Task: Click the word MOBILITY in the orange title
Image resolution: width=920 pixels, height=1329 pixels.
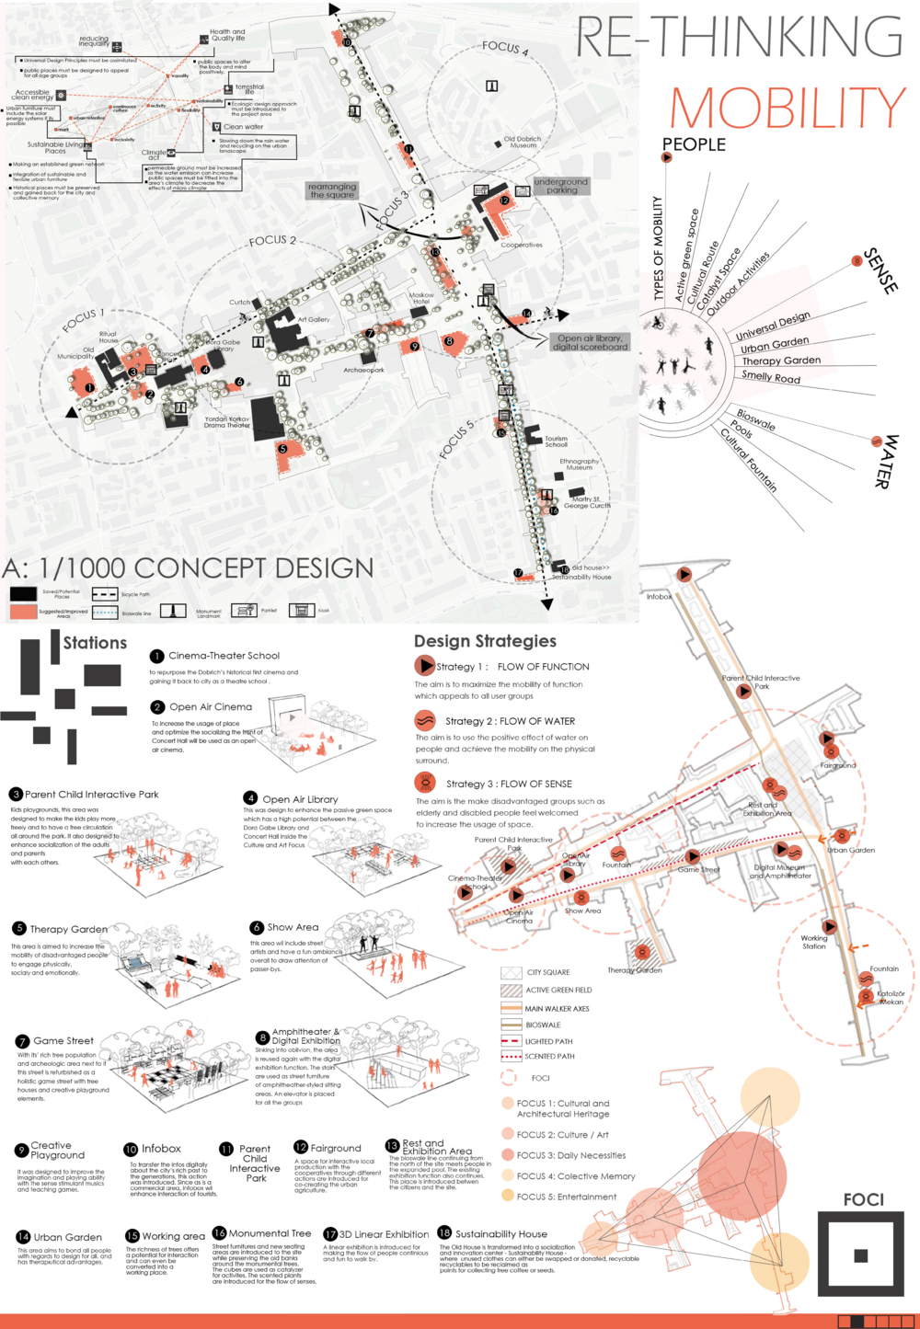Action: click(788, 109)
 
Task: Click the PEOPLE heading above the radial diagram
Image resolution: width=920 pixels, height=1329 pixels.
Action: click(694, 144)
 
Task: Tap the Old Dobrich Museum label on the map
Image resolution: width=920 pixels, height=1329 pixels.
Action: click(523, 142)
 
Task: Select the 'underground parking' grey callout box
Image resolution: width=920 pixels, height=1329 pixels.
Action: click(560, 186)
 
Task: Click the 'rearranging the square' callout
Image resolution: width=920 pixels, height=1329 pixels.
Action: click(332, 190)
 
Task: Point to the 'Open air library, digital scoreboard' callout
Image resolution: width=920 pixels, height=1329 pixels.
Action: click(590, 342)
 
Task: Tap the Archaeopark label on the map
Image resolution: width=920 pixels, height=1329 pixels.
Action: click(363, 370)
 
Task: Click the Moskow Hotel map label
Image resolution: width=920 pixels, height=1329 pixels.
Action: click(421, 299)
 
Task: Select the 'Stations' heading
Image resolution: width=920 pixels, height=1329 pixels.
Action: click(95, 643)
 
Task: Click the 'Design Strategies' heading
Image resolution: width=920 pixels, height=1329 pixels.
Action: click(485, 641)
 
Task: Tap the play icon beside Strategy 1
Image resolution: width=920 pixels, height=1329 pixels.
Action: click(424, 665)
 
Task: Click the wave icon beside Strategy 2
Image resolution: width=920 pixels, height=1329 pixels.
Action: click(424, 720)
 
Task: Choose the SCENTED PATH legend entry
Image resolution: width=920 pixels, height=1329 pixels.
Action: click(549, 1056)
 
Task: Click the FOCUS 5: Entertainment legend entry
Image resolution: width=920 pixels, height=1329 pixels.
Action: click(566, 1197)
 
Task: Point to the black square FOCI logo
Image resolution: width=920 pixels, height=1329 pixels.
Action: click(860, 1255)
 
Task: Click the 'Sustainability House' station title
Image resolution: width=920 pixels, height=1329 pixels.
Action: click(500, 1233)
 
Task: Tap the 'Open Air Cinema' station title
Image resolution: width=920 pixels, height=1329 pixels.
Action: click(210, 706)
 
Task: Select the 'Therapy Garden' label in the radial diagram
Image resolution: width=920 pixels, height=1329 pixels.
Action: click(781, 361)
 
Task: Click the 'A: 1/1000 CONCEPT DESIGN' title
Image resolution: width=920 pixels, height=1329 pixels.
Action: click(188, 567)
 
